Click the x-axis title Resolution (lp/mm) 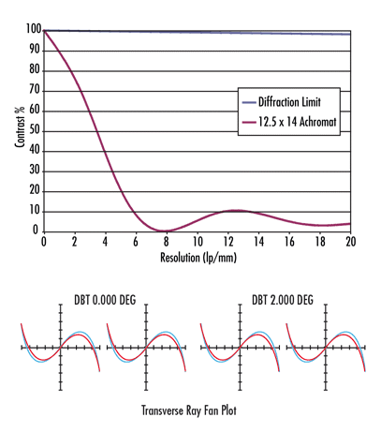coord(198,256)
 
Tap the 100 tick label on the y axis coord(35,30)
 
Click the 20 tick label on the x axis coord(350,242)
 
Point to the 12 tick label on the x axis coord(227,242)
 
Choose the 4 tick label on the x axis coord(105,242)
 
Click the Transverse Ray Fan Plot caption coord(191,409)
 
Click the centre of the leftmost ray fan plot coord(61,348)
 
